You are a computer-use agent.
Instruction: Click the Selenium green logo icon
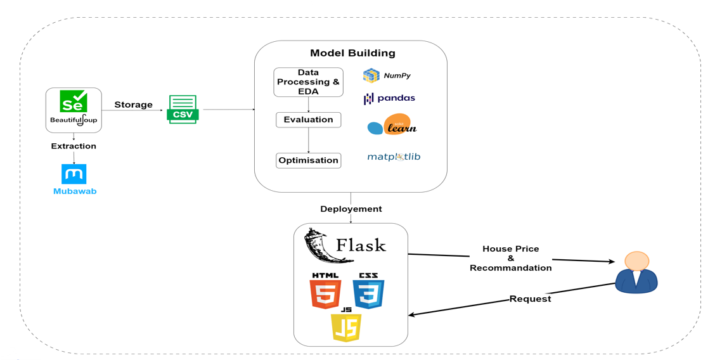[x=74, y=101]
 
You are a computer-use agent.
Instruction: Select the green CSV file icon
[x=183, y=108]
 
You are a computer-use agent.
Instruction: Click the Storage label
[x=133, y=105]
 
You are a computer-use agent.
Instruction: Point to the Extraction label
[x=74, y=146]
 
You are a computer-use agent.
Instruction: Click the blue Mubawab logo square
[x=74, y=174]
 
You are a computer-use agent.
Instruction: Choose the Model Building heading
[x=352, y=53]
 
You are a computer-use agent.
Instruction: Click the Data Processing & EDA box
[x=308, y=82]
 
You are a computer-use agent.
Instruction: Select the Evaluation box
[x=308, y=119]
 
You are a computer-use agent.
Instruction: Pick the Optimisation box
[x=308, y=160]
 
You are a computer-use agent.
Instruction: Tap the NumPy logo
[x=387, y=75]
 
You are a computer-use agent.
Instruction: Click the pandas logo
[x=389, y=98]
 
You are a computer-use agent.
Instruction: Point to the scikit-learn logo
[x=392, y=125]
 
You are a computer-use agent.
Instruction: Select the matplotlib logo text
[x=394, y=157]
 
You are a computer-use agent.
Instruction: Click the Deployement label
[x=351, y=209]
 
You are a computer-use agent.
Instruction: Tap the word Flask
[x=361, y=245]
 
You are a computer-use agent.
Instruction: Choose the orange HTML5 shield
[x=325, y=292]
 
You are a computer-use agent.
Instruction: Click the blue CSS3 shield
[x=369, y=292]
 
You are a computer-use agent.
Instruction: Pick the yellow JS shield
[x=346, y=326]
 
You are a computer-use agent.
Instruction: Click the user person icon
[x=636, y=272]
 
